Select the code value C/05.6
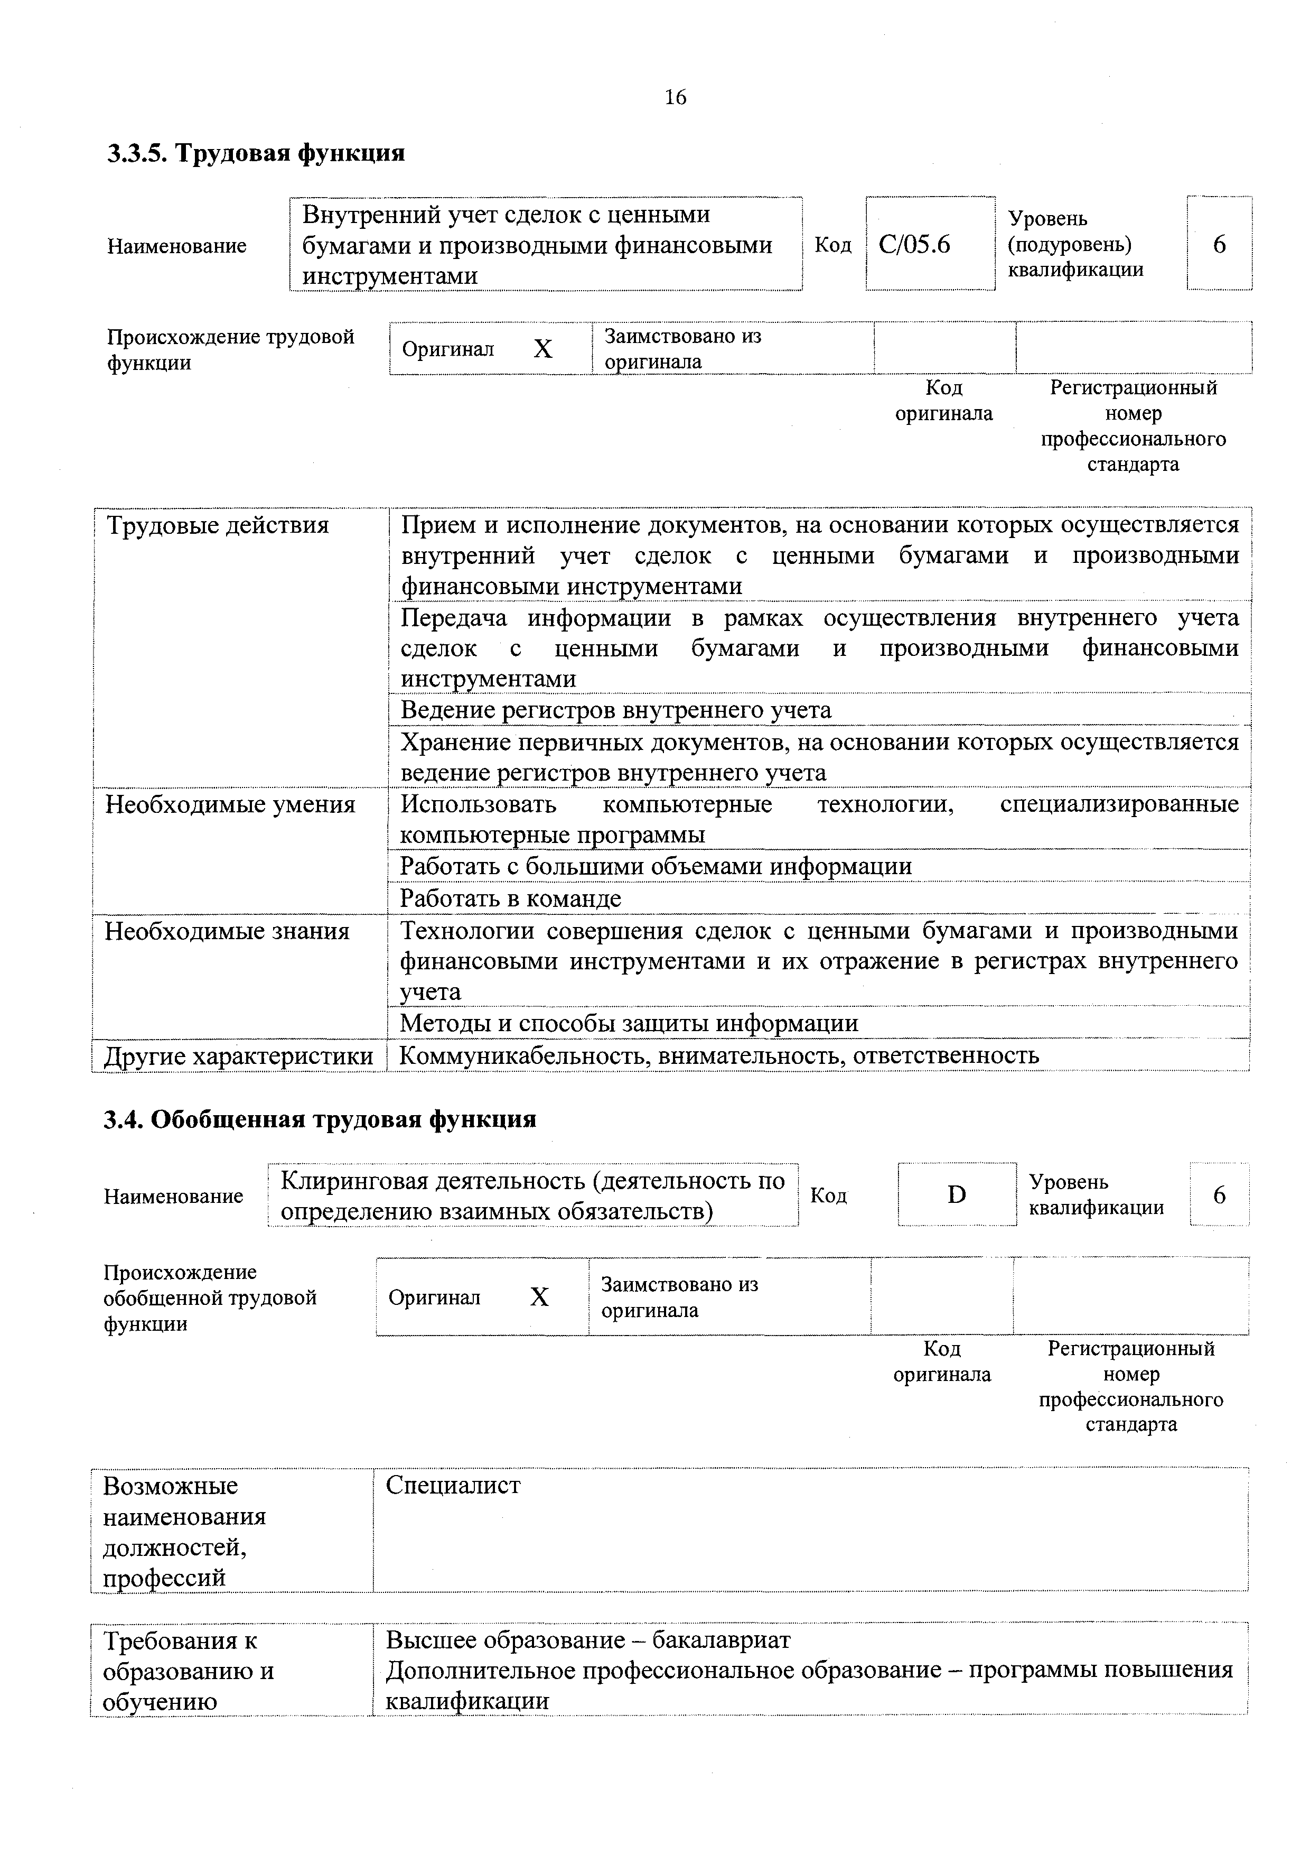914,244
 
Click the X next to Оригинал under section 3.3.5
543,349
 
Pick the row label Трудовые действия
218,526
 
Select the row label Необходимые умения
230,804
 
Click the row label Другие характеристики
239,1055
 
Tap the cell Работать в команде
511,898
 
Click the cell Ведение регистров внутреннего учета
616,710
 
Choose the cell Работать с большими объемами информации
656,866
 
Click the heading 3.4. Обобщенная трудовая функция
320,1119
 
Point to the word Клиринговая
353,1181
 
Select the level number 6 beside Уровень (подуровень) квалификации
1219,244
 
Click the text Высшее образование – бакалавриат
587,1640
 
